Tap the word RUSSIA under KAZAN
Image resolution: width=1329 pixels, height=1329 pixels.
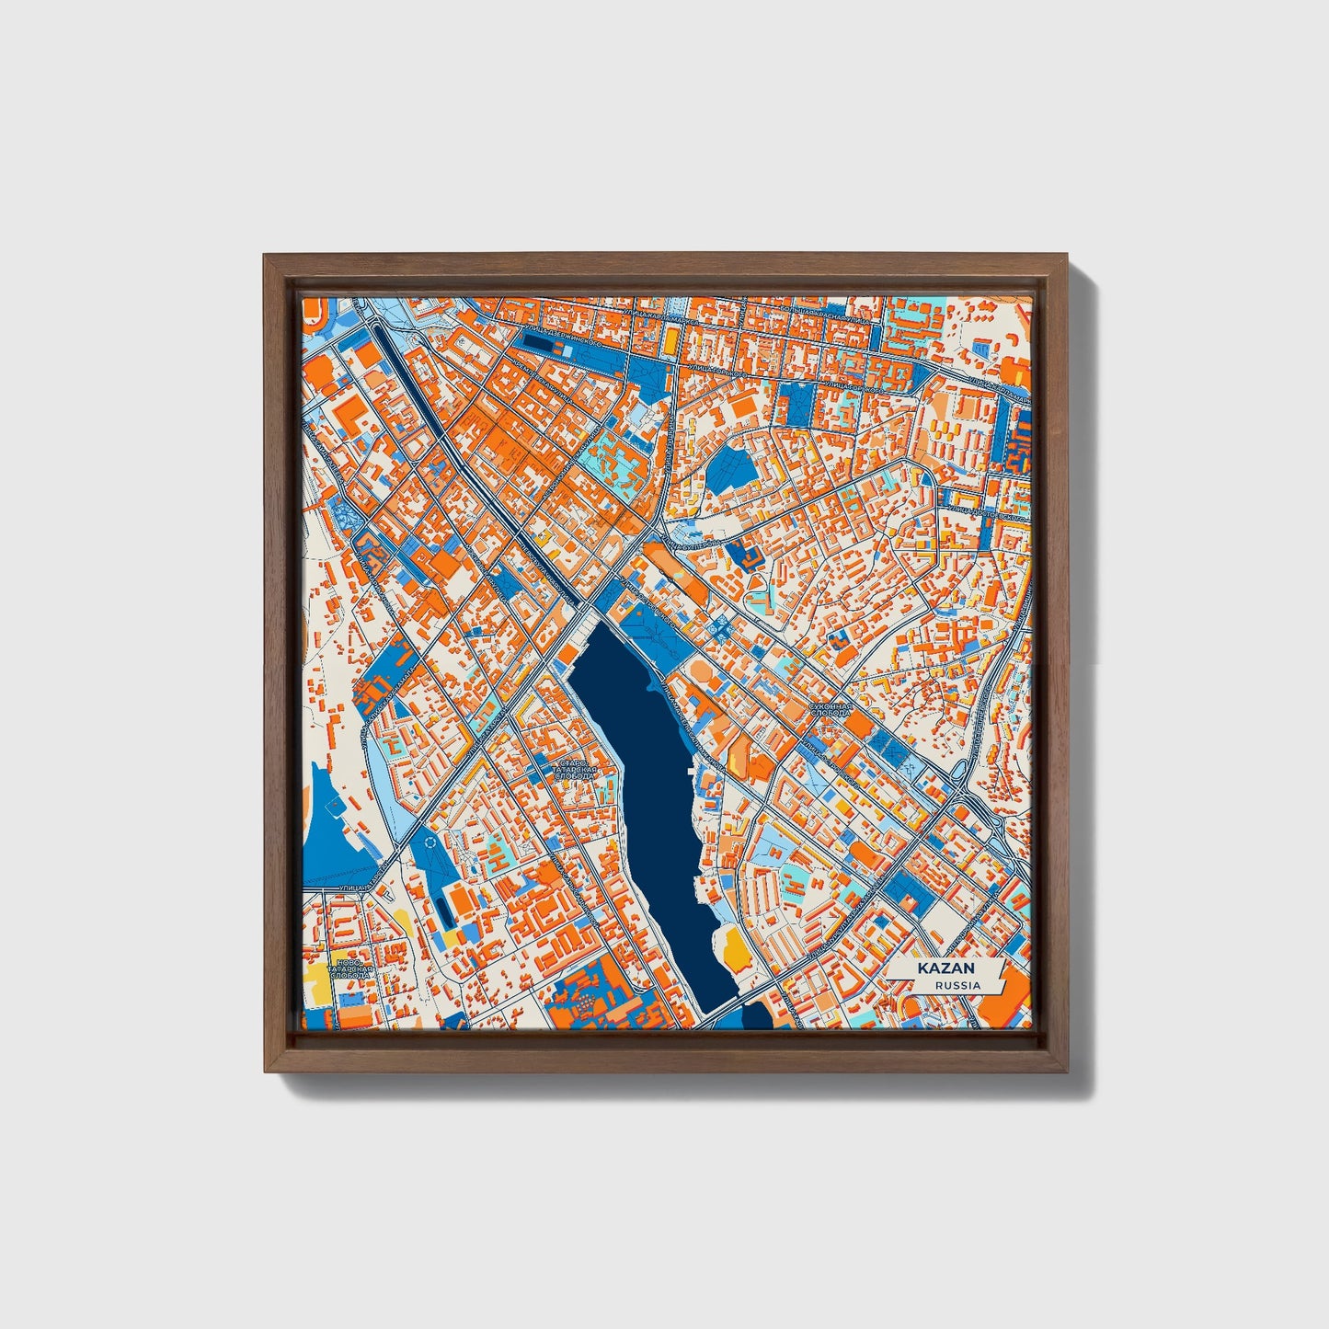(957, 986)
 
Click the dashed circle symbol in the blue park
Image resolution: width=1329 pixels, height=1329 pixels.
(430, 842)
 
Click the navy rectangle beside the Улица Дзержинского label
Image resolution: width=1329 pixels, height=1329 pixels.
(544, 344)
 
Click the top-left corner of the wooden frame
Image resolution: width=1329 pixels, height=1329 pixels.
(267, 258)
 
